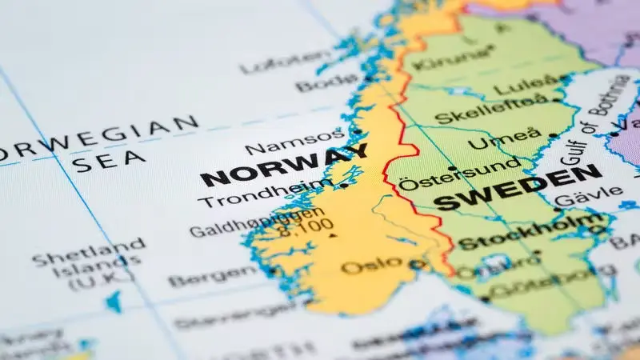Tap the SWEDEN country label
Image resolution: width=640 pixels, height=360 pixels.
click(x=518, y=189)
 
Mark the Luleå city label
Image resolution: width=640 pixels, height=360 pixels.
click(x=524, y=85)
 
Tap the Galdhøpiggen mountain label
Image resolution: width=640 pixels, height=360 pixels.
click(x=256, y=223)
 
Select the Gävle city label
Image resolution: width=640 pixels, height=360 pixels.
click(x=587, y=194)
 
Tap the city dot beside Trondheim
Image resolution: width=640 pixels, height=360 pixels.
click(x=344, y=186)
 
